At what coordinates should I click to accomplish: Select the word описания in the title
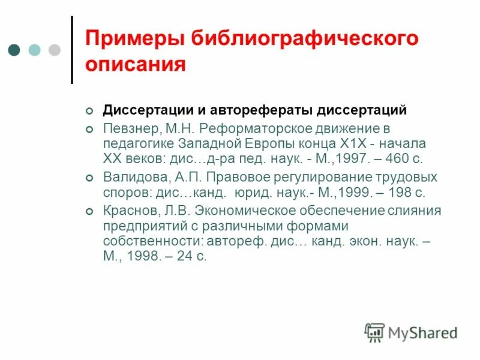coord(135,64)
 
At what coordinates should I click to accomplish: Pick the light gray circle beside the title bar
coord(55,49)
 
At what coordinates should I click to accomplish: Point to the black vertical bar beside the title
coord(73,49)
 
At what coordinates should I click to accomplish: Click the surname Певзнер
coord(128,128)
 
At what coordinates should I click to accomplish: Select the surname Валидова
coord(130,178)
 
